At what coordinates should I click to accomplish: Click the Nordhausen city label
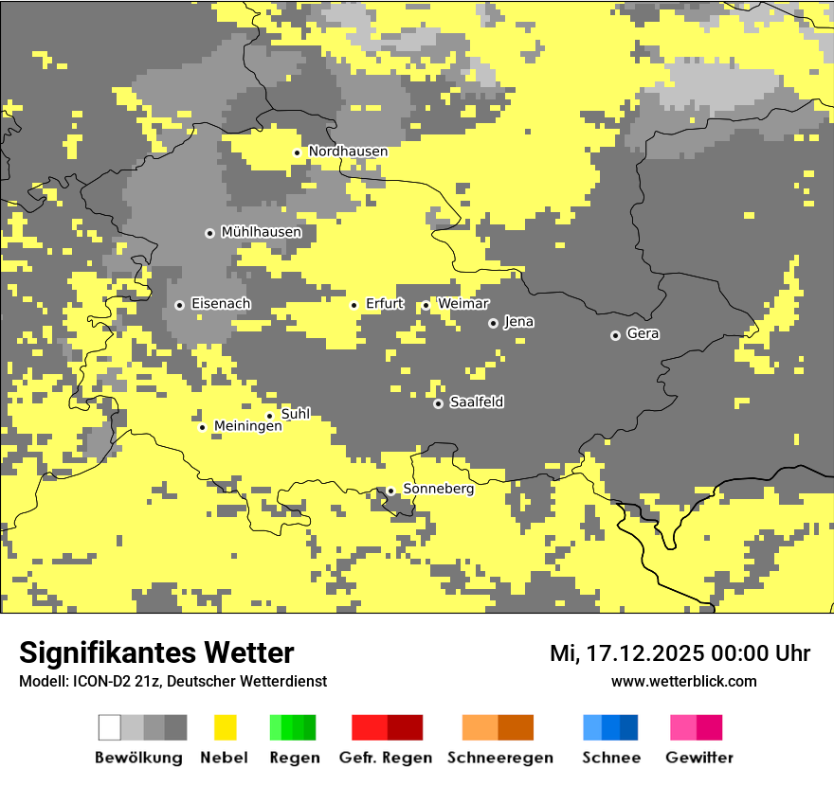point(348,152)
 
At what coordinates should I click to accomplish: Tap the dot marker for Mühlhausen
point(209,233)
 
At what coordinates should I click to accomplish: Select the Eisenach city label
point(221,304)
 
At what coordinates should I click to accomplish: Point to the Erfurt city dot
point(354,305)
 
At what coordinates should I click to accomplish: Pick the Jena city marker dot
point(493,323)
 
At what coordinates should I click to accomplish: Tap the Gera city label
point(643,334)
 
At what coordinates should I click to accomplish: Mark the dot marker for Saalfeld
point(438,403)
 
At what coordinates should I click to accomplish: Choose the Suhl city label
point(296,414)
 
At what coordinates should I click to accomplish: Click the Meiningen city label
point(247,426)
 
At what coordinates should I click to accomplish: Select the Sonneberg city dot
point(390,491)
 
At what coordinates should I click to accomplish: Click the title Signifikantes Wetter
point(156,652)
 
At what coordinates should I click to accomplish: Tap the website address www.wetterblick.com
point(683,681)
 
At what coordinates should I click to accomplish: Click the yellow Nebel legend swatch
point(225,727)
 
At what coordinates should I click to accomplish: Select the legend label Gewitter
point(698,758)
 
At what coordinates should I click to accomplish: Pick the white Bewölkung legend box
point(110,727)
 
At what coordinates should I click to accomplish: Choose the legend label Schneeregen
point(499,758)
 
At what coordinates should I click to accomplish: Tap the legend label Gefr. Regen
point(385,758)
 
